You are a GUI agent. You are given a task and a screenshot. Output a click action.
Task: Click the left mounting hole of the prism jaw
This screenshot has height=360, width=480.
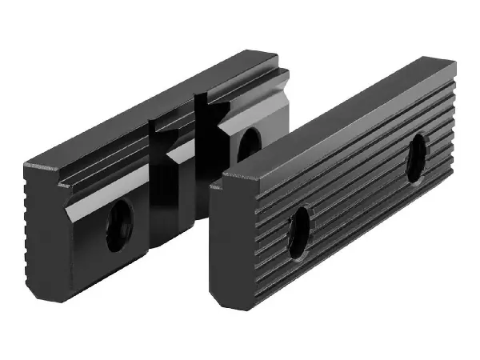119,225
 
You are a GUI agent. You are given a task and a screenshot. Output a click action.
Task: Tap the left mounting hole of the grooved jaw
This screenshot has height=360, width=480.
299,232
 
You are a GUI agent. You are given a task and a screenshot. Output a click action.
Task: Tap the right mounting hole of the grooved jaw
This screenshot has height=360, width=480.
416,158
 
